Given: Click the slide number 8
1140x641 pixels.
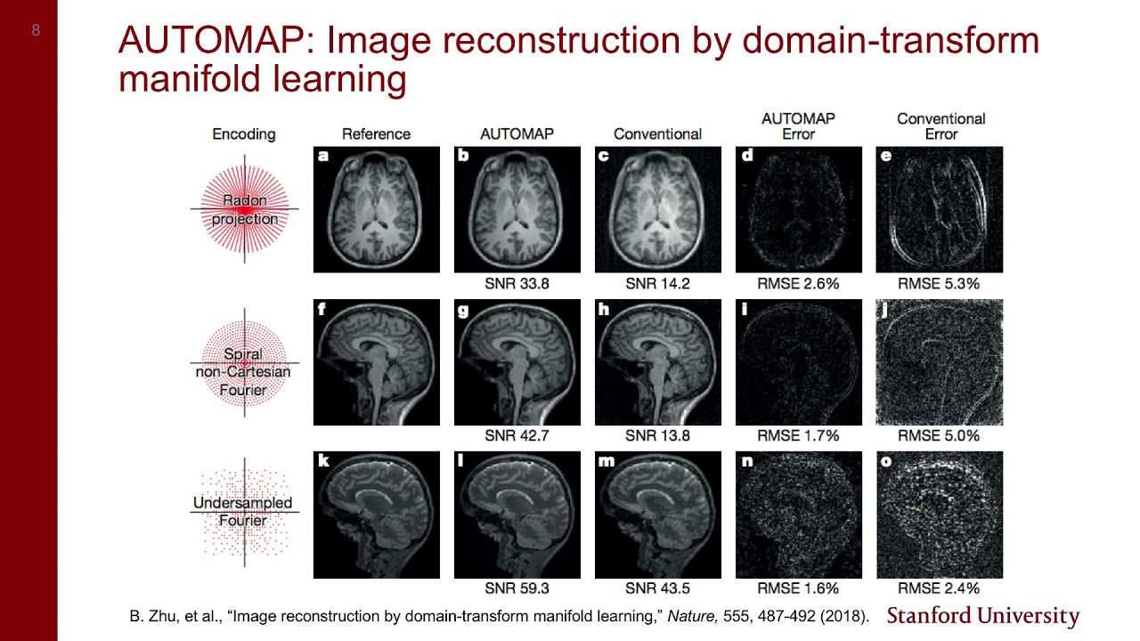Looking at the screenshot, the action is point(36,30).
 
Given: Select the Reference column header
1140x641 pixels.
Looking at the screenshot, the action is point(376,134).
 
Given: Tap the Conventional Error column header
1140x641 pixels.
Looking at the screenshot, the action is point(940,126).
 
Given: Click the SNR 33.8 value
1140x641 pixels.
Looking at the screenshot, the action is point(517,284).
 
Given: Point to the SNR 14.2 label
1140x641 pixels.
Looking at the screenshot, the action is point(657,284).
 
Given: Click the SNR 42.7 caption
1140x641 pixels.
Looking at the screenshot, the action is point(517,436).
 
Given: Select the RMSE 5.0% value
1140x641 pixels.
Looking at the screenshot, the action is point(939,436).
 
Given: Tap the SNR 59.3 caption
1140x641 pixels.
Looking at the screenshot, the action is point(517,588).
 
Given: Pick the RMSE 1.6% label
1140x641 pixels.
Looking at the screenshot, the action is point(798,588).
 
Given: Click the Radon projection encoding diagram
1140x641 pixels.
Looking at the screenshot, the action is point(244,210).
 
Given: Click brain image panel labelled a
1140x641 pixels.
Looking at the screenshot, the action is point(377,210).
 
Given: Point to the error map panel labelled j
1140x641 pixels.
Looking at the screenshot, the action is point(940,362).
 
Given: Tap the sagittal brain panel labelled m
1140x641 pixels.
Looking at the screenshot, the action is point(658,515).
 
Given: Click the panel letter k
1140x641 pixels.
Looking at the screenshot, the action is point(323,461).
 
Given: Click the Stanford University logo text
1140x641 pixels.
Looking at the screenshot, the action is point(983,616).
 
